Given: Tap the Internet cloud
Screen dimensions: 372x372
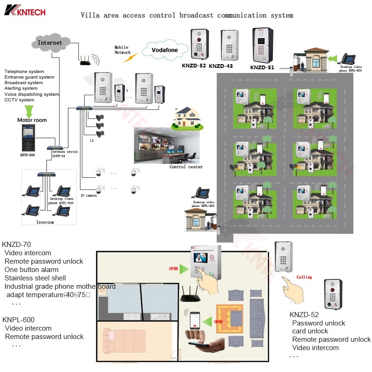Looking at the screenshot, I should [x=50, y=43].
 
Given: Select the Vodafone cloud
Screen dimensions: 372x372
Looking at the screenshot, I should [x=165, y=49].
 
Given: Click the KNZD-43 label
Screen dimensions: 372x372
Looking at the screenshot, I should [x=220, y=66].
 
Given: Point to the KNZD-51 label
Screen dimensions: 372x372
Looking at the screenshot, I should [x=262, y=67].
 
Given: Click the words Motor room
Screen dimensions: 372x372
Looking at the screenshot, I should [x=32, y=120].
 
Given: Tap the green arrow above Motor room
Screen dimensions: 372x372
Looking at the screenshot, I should [x=29, y=110].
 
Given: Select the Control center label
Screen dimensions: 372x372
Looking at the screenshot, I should [x=186, y=167].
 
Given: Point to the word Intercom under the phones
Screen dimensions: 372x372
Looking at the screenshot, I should [x=45, y=222].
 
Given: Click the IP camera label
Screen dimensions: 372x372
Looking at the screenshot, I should [x=88, y=196].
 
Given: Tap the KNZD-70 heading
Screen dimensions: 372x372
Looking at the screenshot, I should [x=17, y=245].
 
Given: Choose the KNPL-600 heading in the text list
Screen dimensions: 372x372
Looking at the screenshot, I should [x=18, y=320].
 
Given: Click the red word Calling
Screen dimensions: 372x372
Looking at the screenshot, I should [x=304, y=277].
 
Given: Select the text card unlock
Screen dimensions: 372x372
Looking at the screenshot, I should [x=310, y=331].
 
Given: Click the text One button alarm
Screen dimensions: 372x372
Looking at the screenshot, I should [x=32, y=270].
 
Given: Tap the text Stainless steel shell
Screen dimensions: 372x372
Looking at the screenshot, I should [x=35, y=278].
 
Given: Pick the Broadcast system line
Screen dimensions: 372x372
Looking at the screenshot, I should [x=24, y=83].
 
